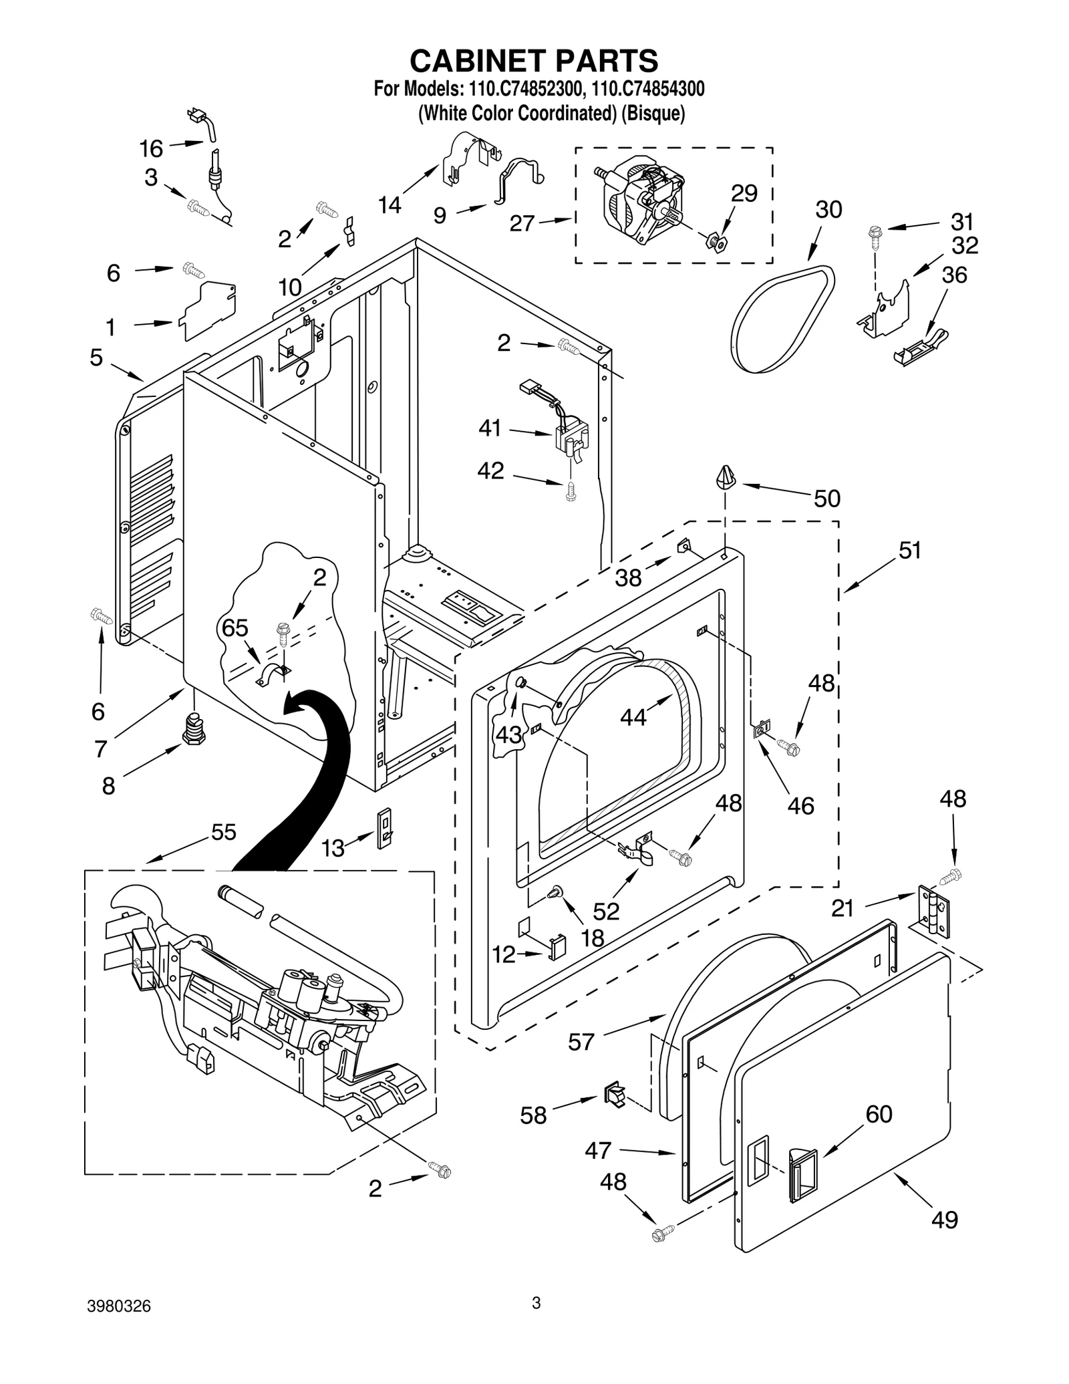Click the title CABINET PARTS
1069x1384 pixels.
(x=533, y=60)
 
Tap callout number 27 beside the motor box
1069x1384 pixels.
(x=522, y=223)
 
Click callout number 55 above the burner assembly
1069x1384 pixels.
(x=223, y=832)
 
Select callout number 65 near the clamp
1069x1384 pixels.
(x=235, y=628)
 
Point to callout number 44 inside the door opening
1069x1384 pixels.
(x=633, y=717)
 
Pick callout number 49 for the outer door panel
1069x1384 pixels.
(x=944, y=1219)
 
